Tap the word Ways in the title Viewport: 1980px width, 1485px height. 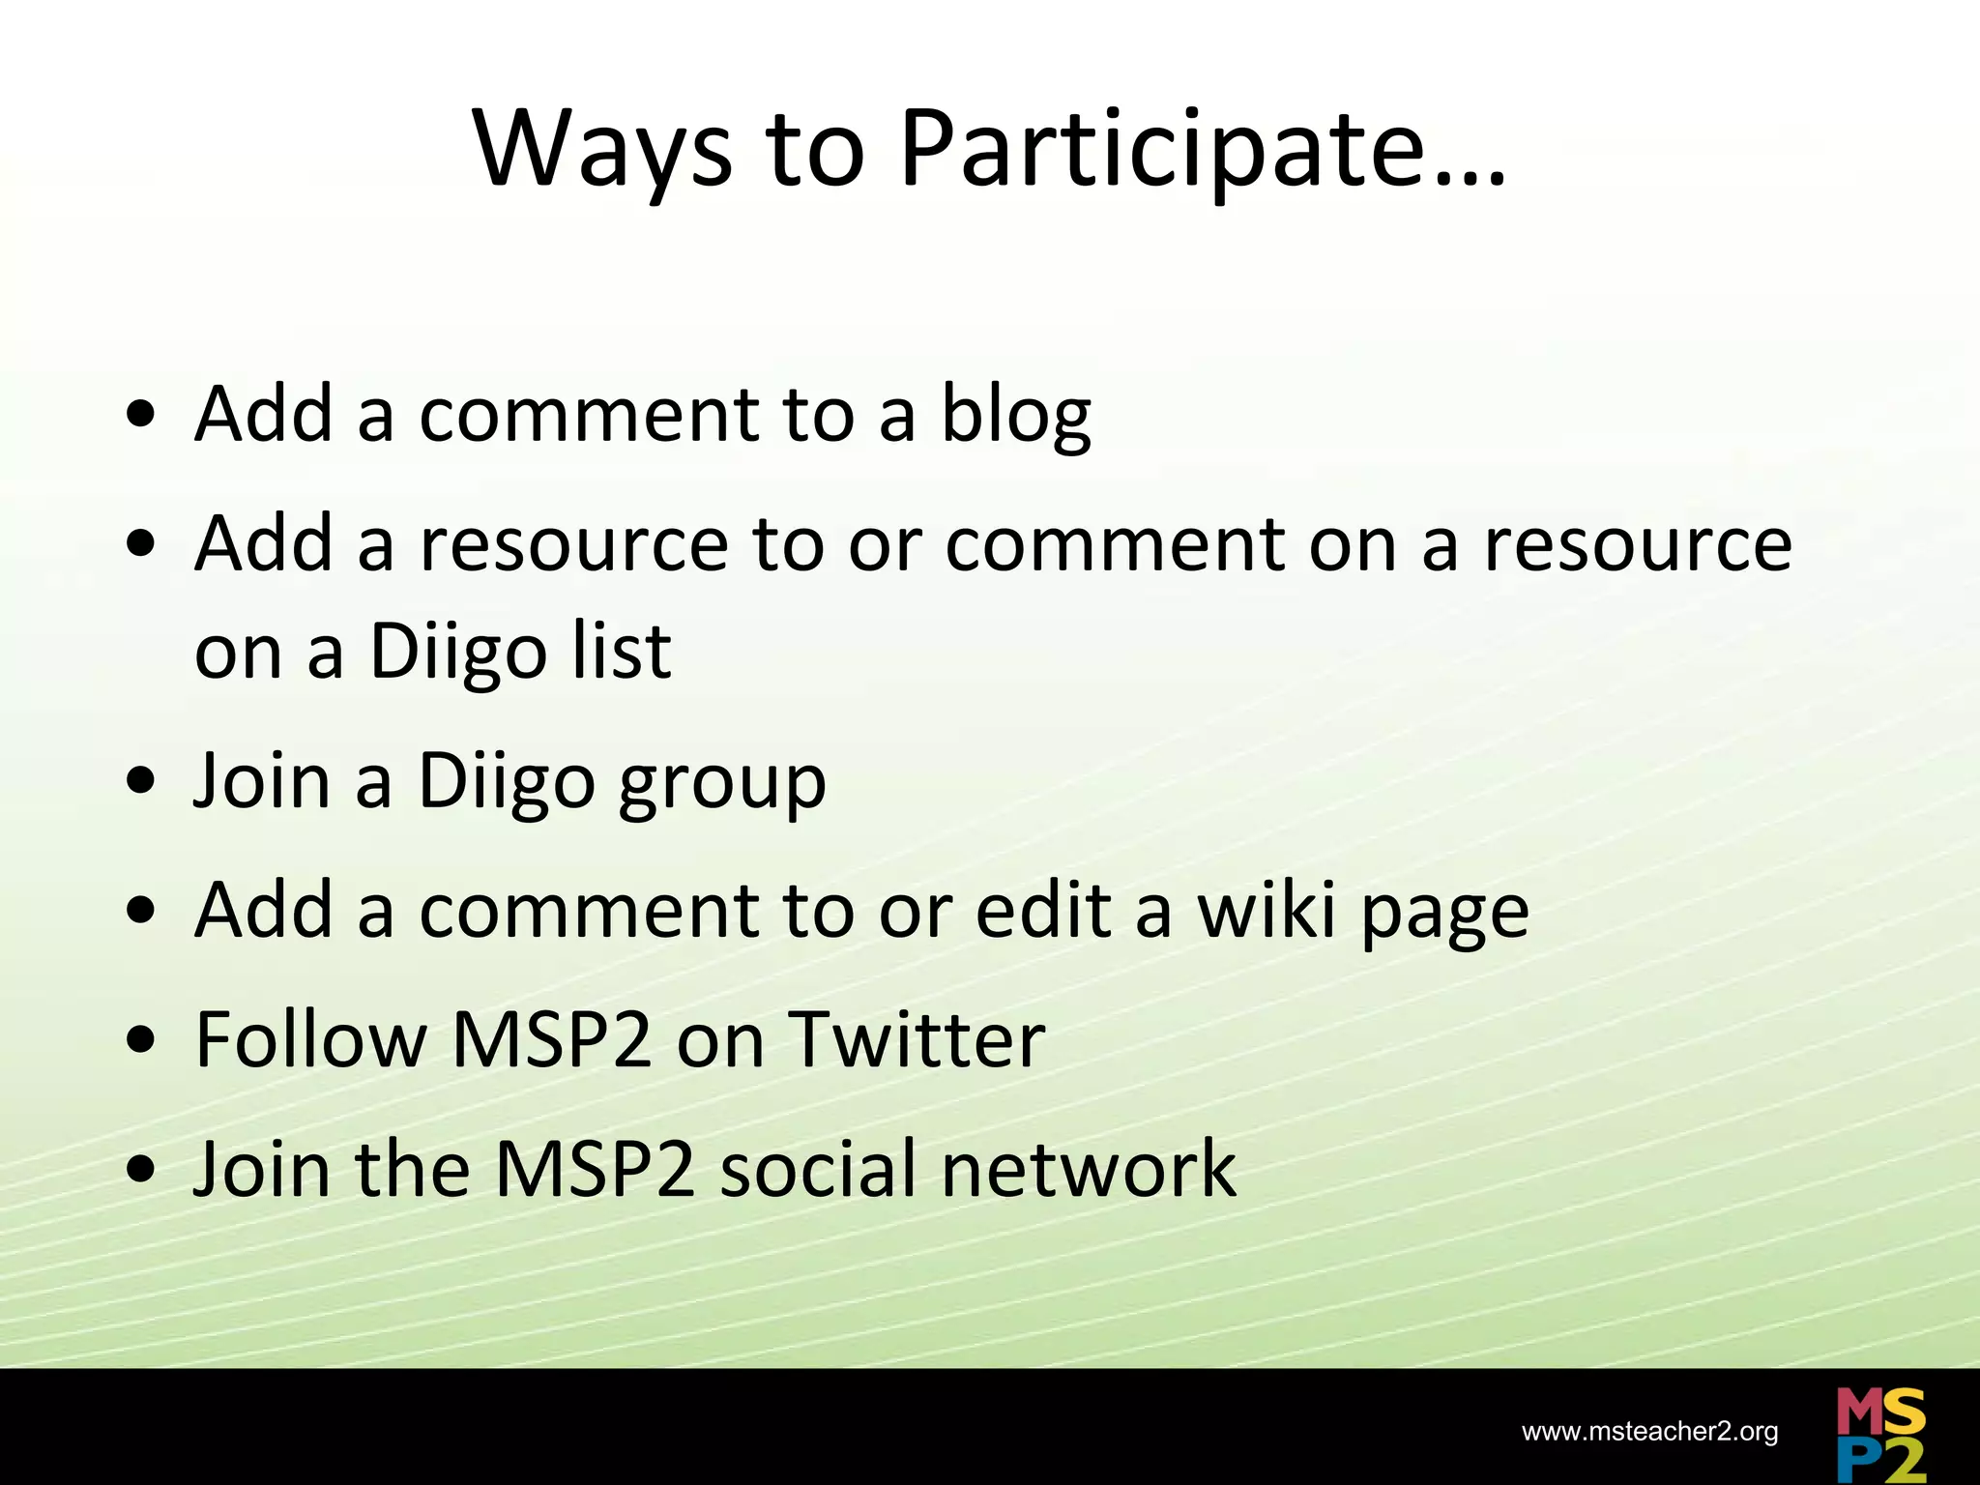[602, 151]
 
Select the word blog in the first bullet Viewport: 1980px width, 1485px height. [1015, 416]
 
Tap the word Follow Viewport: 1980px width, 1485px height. [310, 1039]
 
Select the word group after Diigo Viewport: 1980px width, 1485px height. [722, 783]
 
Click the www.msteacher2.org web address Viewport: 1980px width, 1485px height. [1649, 1432]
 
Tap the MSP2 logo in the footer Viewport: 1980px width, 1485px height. [1880, 1435]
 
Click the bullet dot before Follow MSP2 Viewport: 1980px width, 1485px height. [141, 1040]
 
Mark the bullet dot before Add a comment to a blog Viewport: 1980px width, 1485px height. [141, 415]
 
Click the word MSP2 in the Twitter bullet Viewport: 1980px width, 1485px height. [551, 1039]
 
